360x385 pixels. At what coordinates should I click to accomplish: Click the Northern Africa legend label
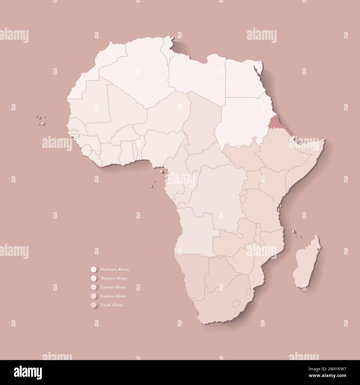(115, 269)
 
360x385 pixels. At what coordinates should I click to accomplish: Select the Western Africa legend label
(114, 278)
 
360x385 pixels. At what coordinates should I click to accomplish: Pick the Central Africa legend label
(113, 287)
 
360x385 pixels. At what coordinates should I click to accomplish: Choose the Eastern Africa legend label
(113, 296)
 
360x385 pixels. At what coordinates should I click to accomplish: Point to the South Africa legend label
(112, 305)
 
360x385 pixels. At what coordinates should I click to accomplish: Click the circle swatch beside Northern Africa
(93, 269)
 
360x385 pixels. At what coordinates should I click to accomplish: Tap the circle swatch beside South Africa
(93, 305)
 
